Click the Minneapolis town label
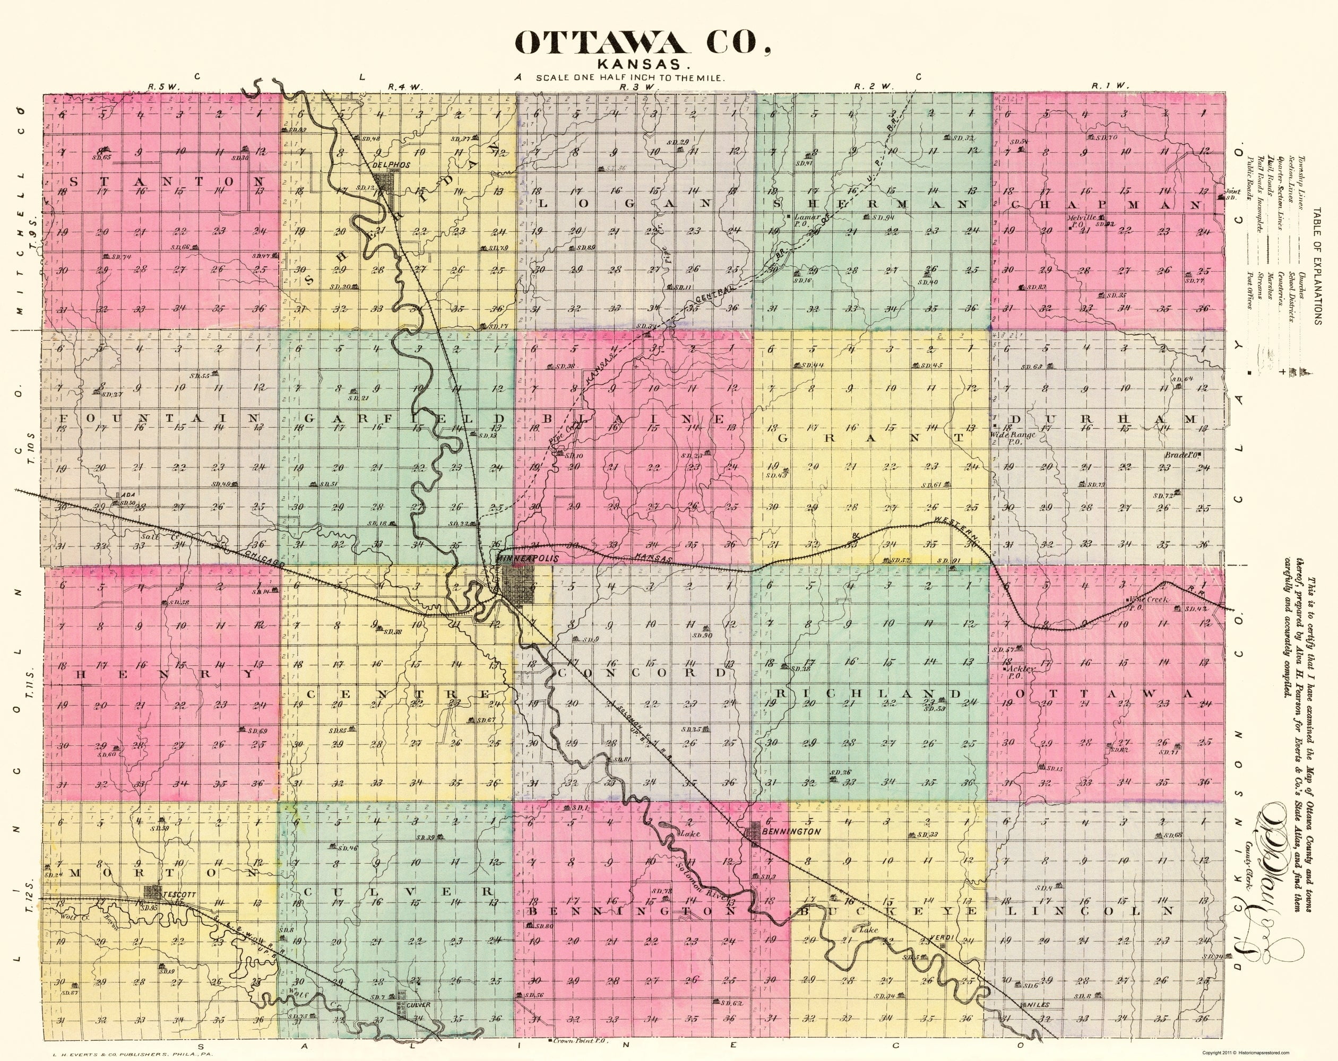(x=528, y=559)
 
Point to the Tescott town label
(x=179, y=895)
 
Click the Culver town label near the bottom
(x=418, y=1005)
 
